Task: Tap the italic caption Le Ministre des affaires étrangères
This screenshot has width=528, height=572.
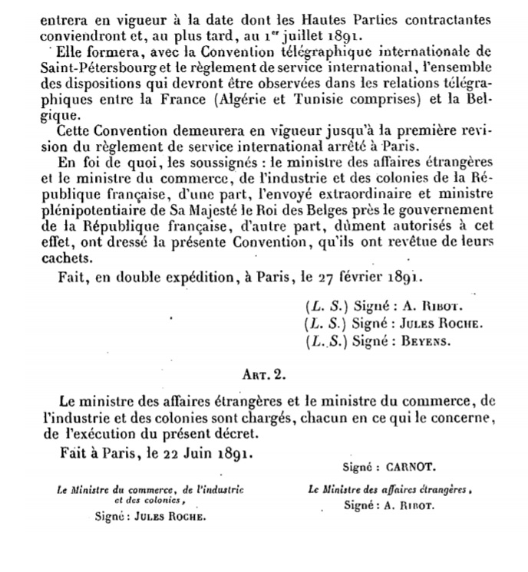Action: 390,489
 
